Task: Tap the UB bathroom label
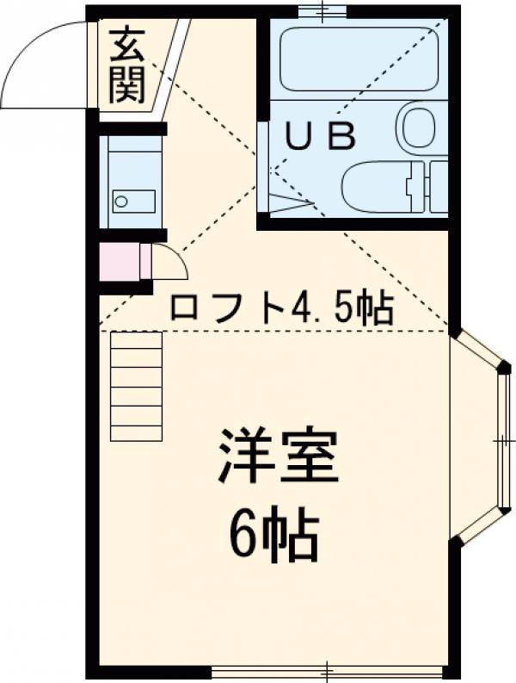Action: click(x=320, y=136)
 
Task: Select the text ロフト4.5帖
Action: click(x=281, y=307)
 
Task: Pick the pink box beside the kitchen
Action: click(x=118, y=262)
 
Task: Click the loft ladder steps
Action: click(x=136, y=386)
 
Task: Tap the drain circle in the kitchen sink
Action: click(x=120, y=202)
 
